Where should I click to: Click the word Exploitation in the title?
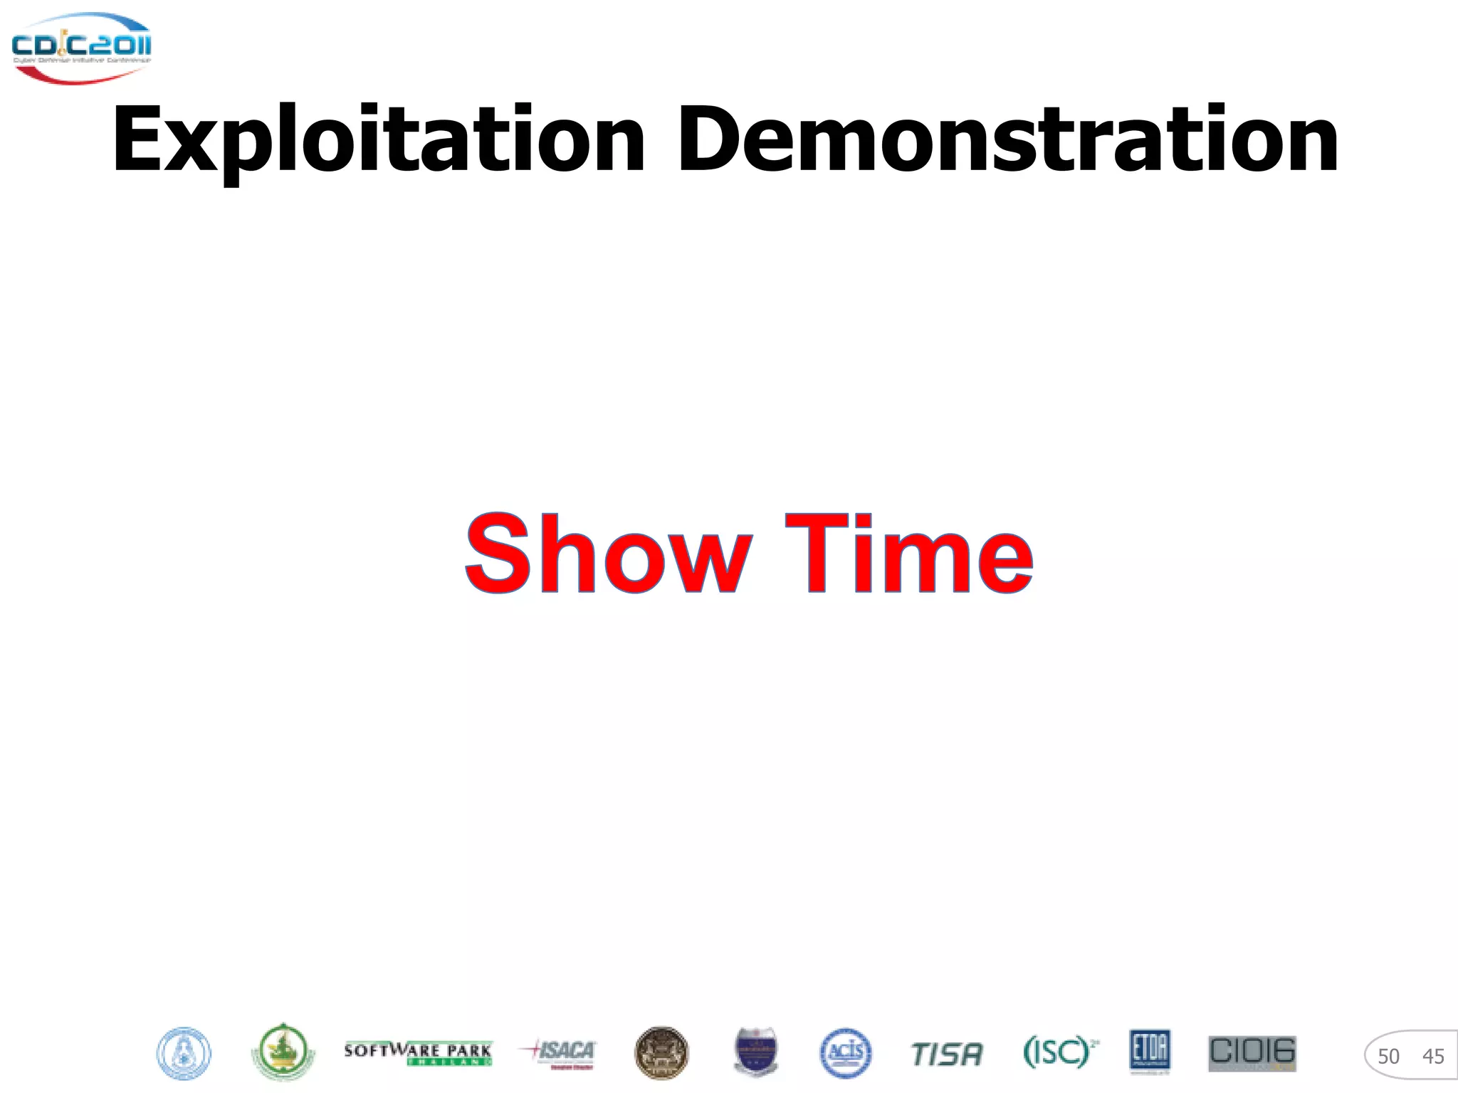click(377, 140)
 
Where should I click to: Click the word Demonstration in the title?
click(1007, 140)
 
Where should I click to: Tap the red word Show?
click(609, 554)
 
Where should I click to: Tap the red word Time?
click(909, 554)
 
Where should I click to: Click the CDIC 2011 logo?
click(81, 48)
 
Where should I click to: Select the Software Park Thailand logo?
click(418, 1053)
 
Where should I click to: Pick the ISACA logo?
click(558, 1052)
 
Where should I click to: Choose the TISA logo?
click(947, 1054)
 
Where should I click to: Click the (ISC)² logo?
click(1060, 1052)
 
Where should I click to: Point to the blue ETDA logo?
click(1150, 1051)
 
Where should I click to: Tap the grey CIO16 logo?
click(1252, 1053)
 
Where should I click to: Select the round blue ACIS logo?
click(845, 1053)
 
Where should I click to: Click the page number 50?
click(1388, 1057)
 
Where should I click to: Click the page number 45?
click(1432, 1057)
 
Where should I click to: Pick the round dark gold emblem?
click(661, 1053)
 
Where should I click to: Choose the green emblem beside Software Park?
click(283, 1052)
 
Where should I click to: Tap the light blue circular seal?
click(184, 1054)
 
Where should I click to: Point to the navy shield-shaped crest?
click(755, 1052)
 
